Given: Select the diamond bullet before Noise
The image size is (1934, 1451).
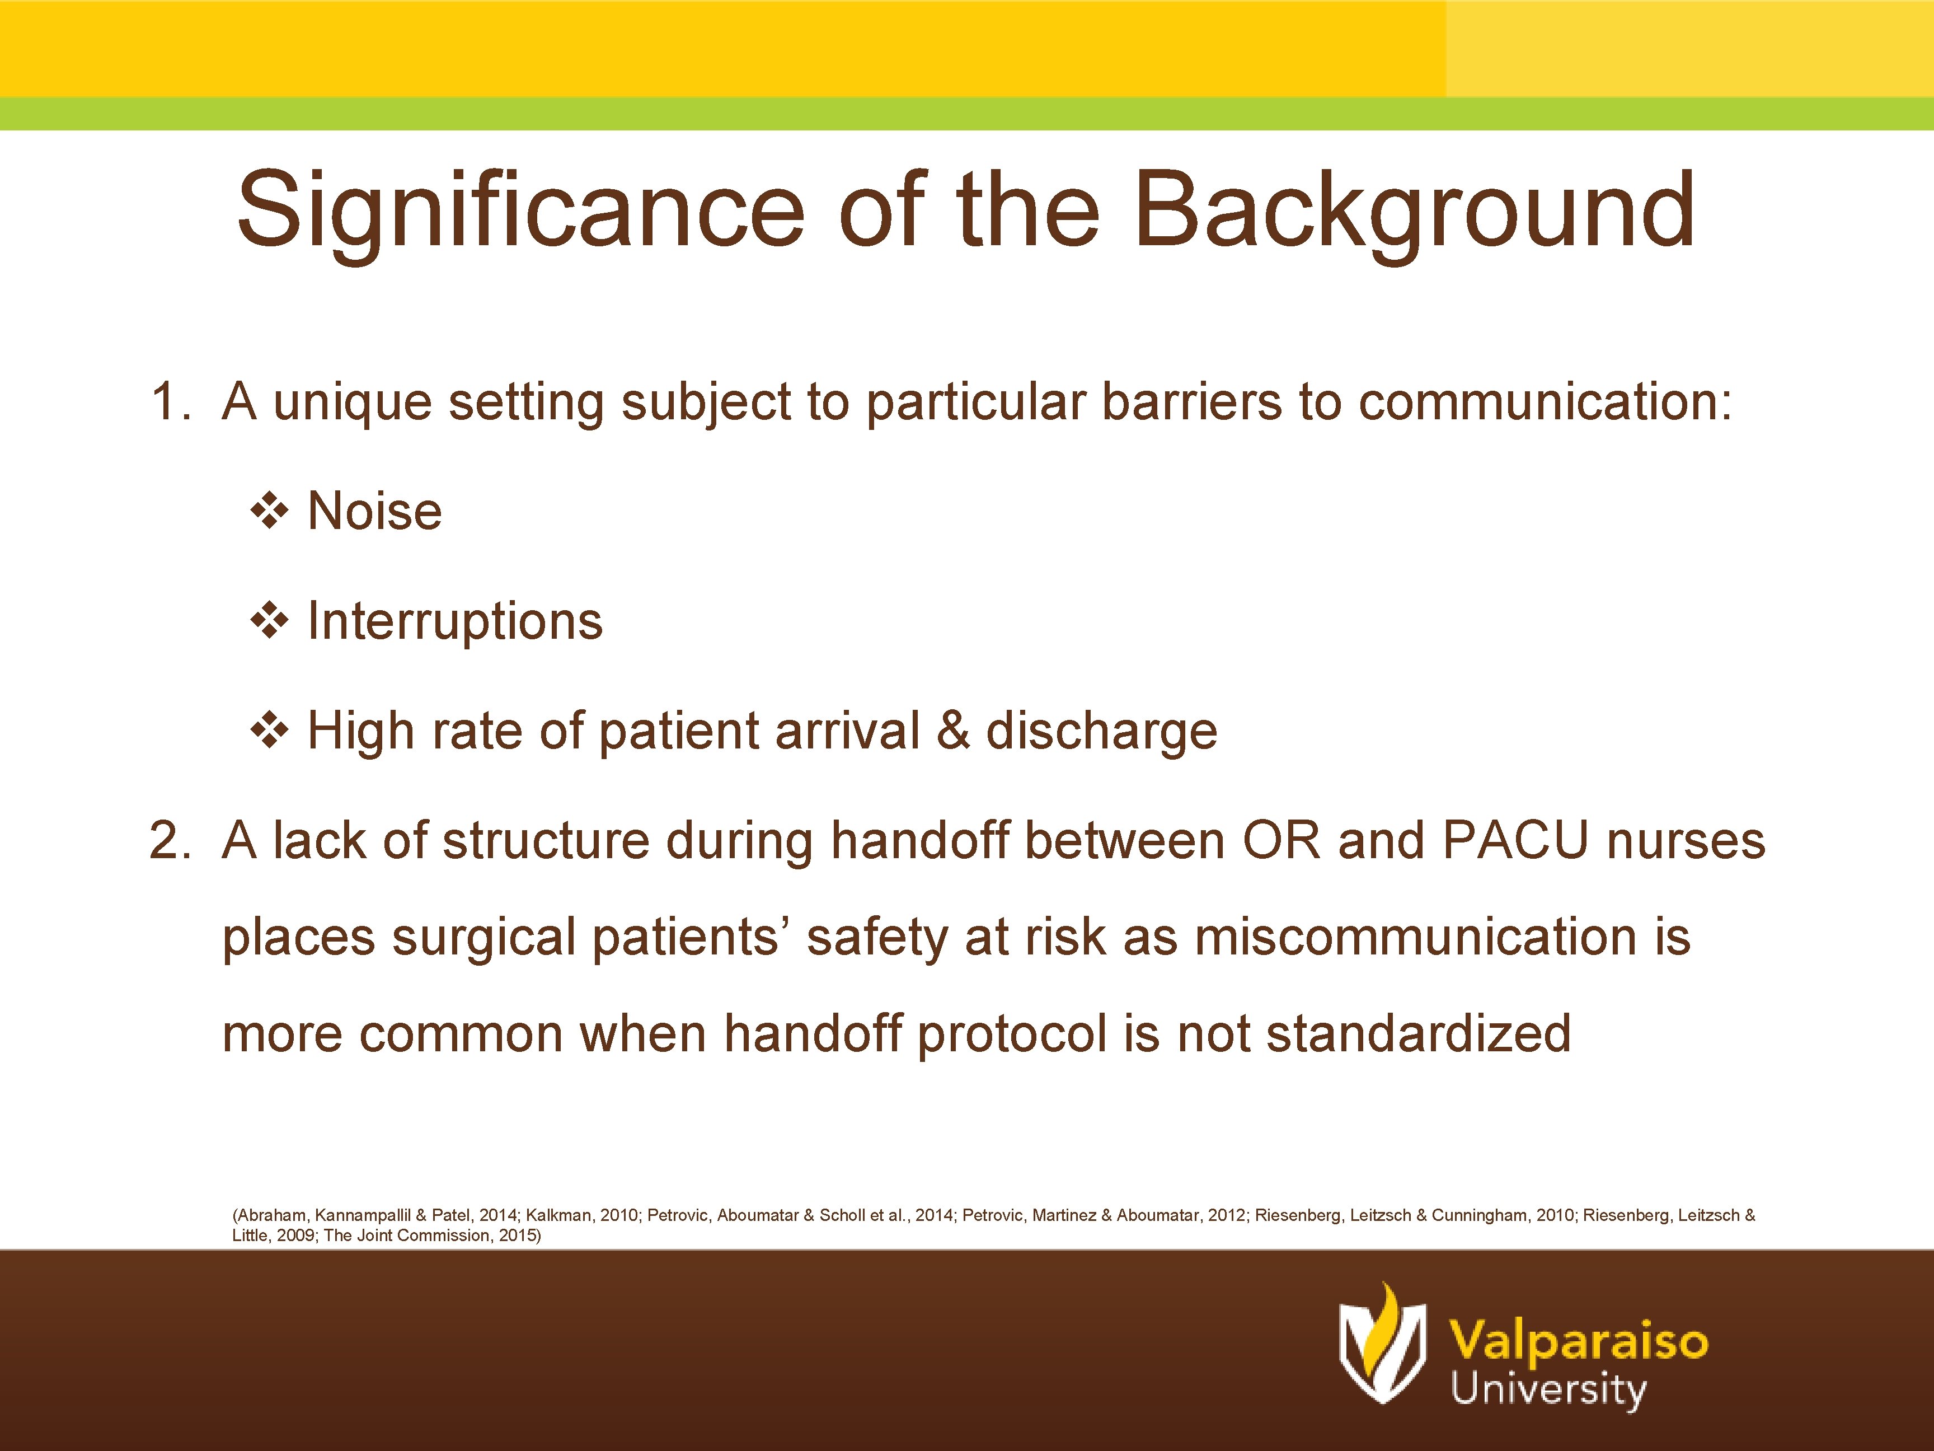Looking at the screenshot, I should (x=269, y=511).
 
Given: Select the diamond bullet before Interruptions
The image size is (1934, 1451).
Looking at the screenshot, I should (x=269, y=621).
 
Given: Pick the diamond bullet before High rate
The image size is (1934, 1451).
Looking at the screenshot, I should (x=269, y=731).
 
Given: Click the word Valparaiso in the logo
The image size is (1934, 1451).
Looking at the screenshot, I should (x=1578, y=1340).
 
